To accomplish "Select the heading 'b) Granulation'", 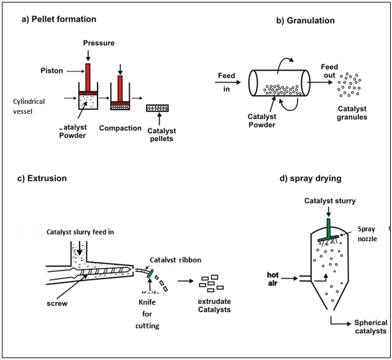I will point(305,21).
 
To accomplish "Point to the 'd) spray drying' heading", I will point(311,180).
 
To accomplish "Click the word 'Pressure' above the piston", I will point(99,42).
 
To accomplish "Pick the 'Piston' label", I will point(52,70).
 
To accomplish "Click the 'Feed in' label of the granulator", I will point(226,81).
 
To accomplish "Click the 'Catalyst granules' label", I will point(352,113).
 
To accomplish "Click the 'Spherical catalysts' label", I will point(370,327).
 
